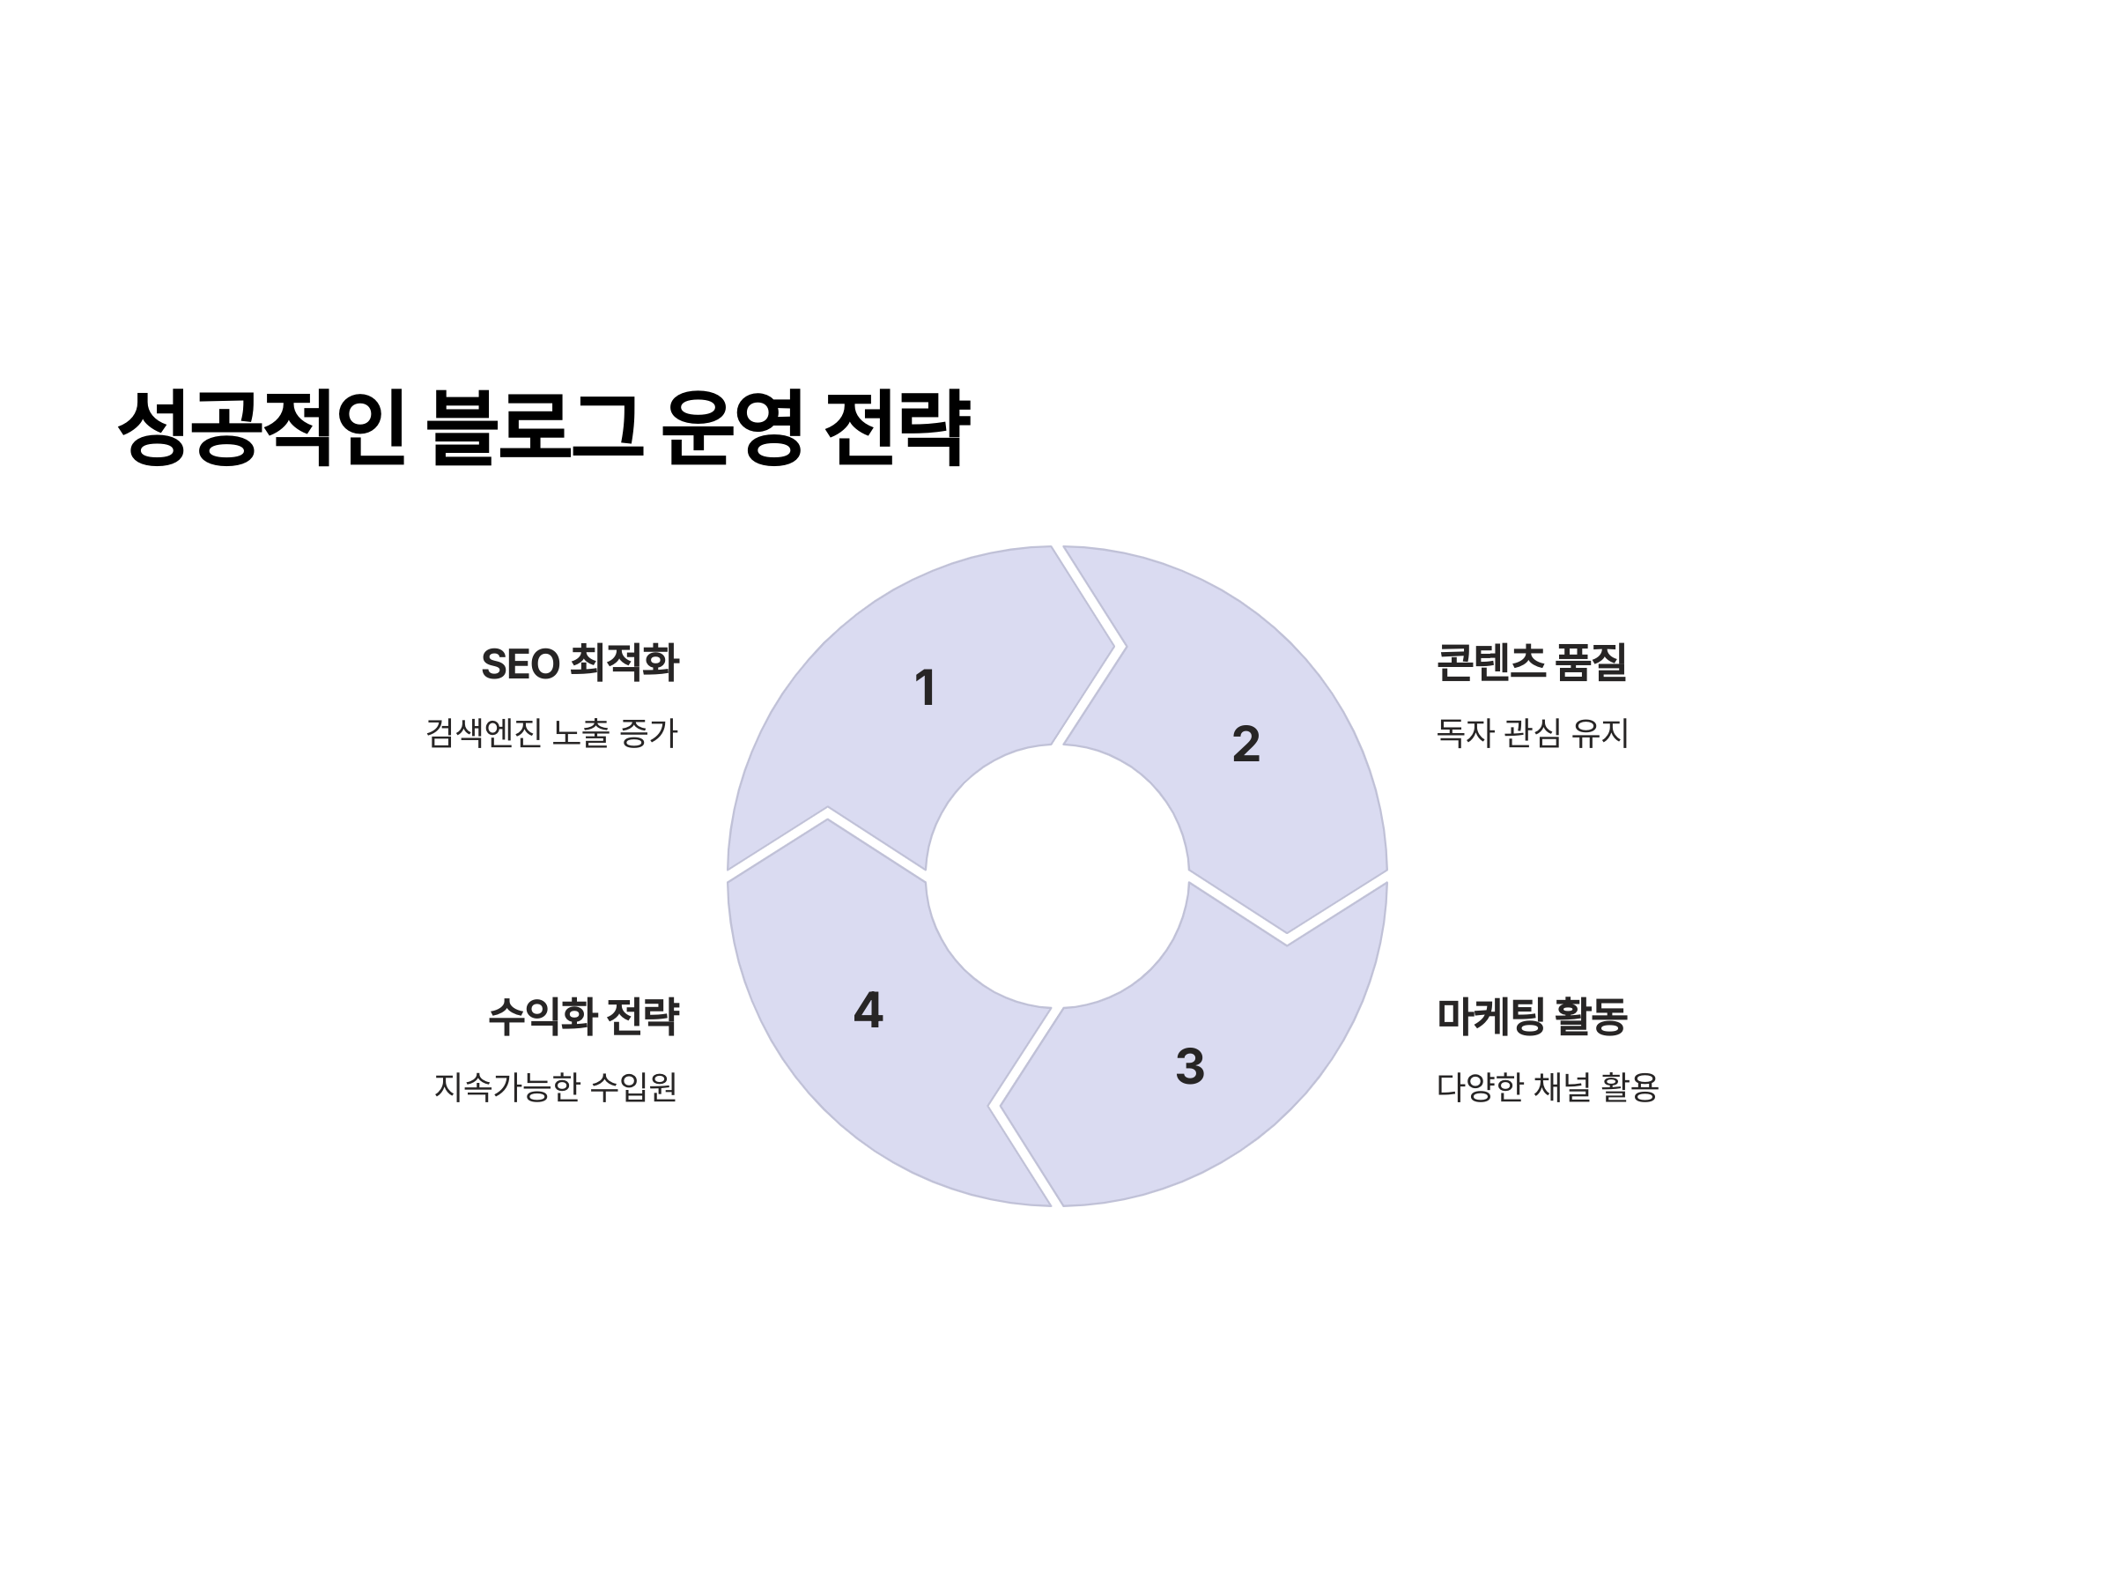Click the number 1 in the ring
coord(924,687)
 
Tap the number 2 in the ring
coord(1245,744)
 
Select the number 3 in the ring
coord(1189,1066)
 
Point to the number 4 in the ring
coord(868,1010)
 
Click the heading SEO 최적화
coord(580,663)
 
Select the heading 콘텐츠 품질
coord(1531,663)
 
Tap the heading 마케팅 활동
coord(1531,1015)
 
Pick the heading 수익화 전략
coord(583,1016)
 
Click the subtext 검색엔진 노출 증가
coord(551,733)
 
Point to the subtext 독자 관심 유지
coord(1532,733)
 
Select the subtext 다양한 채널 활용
coord(1548,1087)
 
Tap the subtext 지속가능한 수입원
coord(555,1087)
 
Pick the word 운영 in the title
coord(731,427)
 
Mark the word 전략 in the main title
coord(897,427)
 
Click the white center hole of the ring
coord(1056,876)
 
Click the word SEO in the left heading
coord(520,664)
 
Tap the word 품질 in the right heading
coord(1590,663)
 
